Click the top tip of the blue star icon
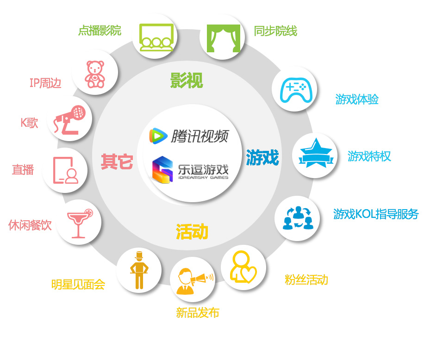[316, 138]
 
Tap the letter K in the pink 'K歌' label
[24, 123]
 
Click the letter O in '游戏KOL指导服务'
[365, 214]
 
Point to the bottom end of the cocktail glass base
[78, 237]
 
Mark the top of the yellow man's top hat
[139, 252]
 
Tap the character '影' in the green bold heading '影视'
[179, 80]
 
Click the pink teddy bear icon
[94, 74]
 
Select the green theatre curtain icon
[224, 38]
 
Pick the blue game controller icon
[296, 90]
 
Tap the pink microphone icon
[69, 120]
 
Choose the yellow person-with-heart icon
[243, 267]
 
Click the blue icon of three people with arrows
[298, 218]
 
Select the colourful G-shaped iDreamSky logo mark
[162, 170]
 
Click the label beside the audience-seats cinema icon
[100, 31]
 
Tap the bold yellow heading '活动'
[192, 232]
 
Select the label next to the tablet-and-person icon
[23, 170]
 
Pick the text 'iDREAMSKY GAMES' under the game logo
[203, 178]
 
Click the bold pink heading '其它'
[117, 161]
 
